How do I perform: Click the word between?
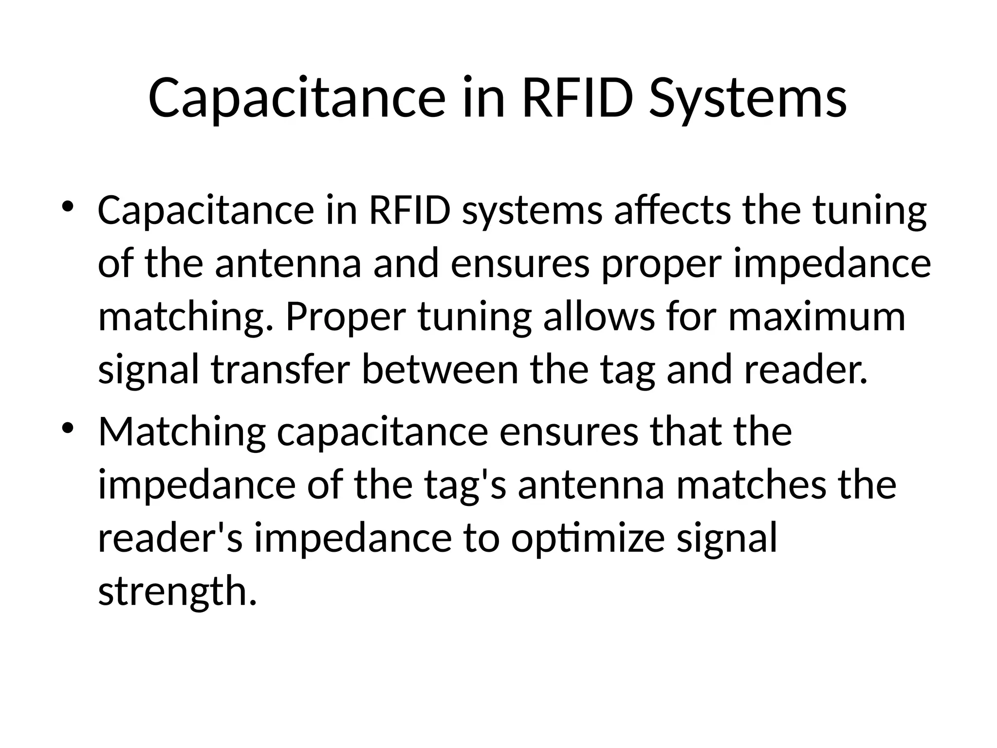pos(440,370)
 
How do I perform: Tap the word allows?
pos(599,317)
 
